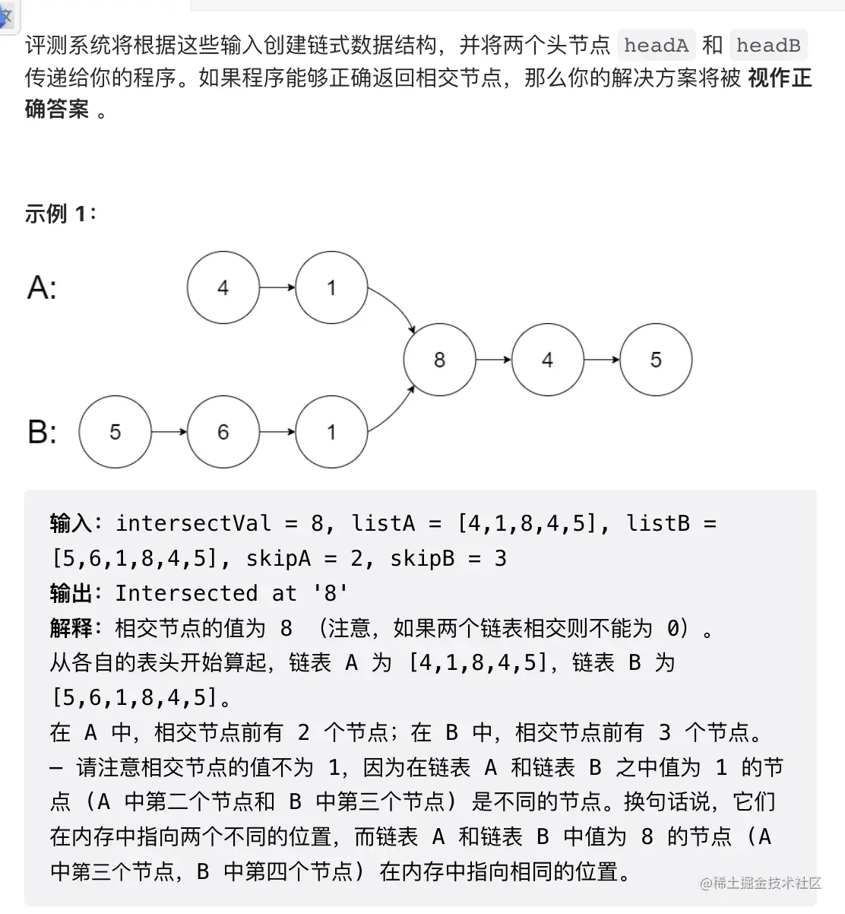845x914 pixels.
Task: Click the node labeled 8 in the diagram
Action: coord(439,360)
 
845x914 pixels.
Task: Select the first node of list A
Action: coord(223,287)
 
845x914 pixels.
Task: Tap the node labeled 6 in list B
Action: coord(223,432)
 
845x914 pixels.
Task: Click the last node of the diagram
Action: coord(656,360)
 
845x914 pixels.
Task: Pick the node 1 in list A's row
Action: coord(331,287)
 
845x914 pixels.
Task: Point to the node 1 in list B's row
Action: coord(331,432)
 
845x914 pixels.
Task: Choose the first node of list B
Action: coord(115,432)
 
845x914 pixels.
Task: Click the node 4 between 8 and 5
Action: coord(547,360)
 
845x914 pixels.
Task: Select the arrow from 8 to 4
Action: coord(493,360)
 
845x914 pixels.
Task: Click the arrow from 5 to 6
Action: coord(169,432)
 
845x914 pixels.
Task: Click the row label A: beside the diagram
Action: coord(42,288)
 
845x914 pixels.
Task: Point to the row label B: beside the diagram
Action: coord(42,432)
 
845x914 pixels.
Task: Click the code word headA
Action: coord(656,46)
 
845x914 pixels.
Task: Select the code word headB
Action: coord(767,46)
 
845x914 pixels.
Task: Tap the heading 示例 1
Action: coord(60,214)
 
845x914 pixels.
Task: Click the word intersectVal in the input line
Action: coord(193,523)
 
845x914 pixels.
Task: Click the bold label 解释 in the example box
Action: coord(71,628)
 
